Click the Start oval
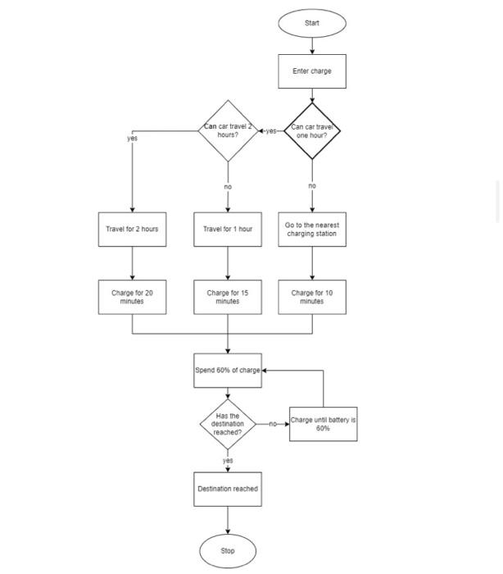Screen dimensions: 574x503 tap(311, 23)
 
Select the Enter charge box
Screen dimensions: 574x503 tap(311, 71)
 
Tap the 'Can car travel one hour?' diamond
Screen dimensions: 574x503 tap(311, 130)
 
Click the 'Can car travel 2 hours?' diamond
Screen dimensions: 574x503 tap(228, 130)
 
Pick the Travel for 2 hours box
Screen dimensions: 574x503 tap(132, 229)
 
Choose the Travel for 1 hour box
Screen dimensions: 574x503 tap(228, 229)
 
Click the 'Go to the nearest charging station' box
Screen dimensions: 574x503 tap(311, 229)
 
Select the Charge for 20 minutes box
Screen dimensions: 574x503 tap(132, 297)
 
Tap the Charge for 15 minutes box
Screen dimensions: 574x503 tap(228, 297)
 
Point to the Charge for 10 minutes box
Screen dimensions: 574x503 tap(311, 297)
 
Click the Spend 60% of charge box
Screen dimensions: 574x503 tap(228, 370)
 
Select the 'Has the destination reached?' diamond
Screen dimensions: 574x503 tap(228, 424)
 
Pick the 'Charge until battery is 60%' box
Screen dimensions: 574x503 tap(323, 424)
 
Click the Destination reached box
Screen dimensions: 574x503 tap(228, 489)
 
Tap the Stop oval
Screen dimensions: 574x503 tap(228, 550)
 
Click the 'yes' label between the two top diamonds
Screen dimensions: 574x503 tap(271, 131)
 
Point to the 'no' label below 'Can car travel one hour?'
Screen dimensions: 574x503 tap(312, 186)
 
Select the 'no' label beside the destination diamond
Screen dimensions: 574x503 tap(273, 424)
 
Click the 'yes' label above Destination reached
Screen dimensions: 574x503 tap(228, 461)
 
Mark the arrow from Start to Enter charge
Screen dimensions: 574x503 tap(311, 46)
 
